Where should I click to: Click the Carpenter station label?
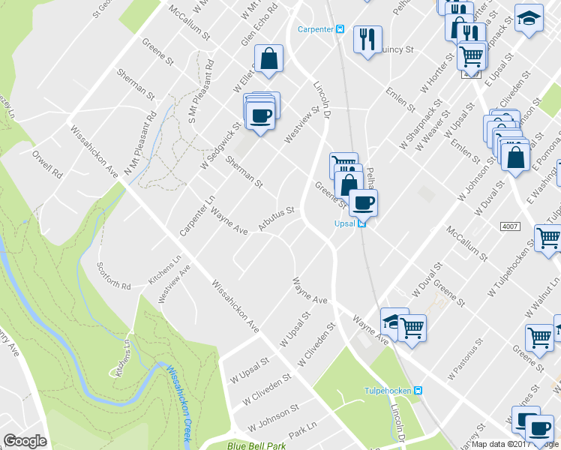(x=316, y=29)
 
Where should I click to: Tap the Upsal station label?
(x=345, y=223)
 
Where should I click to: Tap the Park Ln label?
(x=304, y=433)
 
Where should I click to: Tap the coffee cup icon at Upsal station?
(x=364, y=202)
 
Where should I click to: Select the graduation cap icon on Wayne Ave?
(x=392, y=321)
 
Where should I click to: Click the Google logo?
(x=25, y=441)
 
